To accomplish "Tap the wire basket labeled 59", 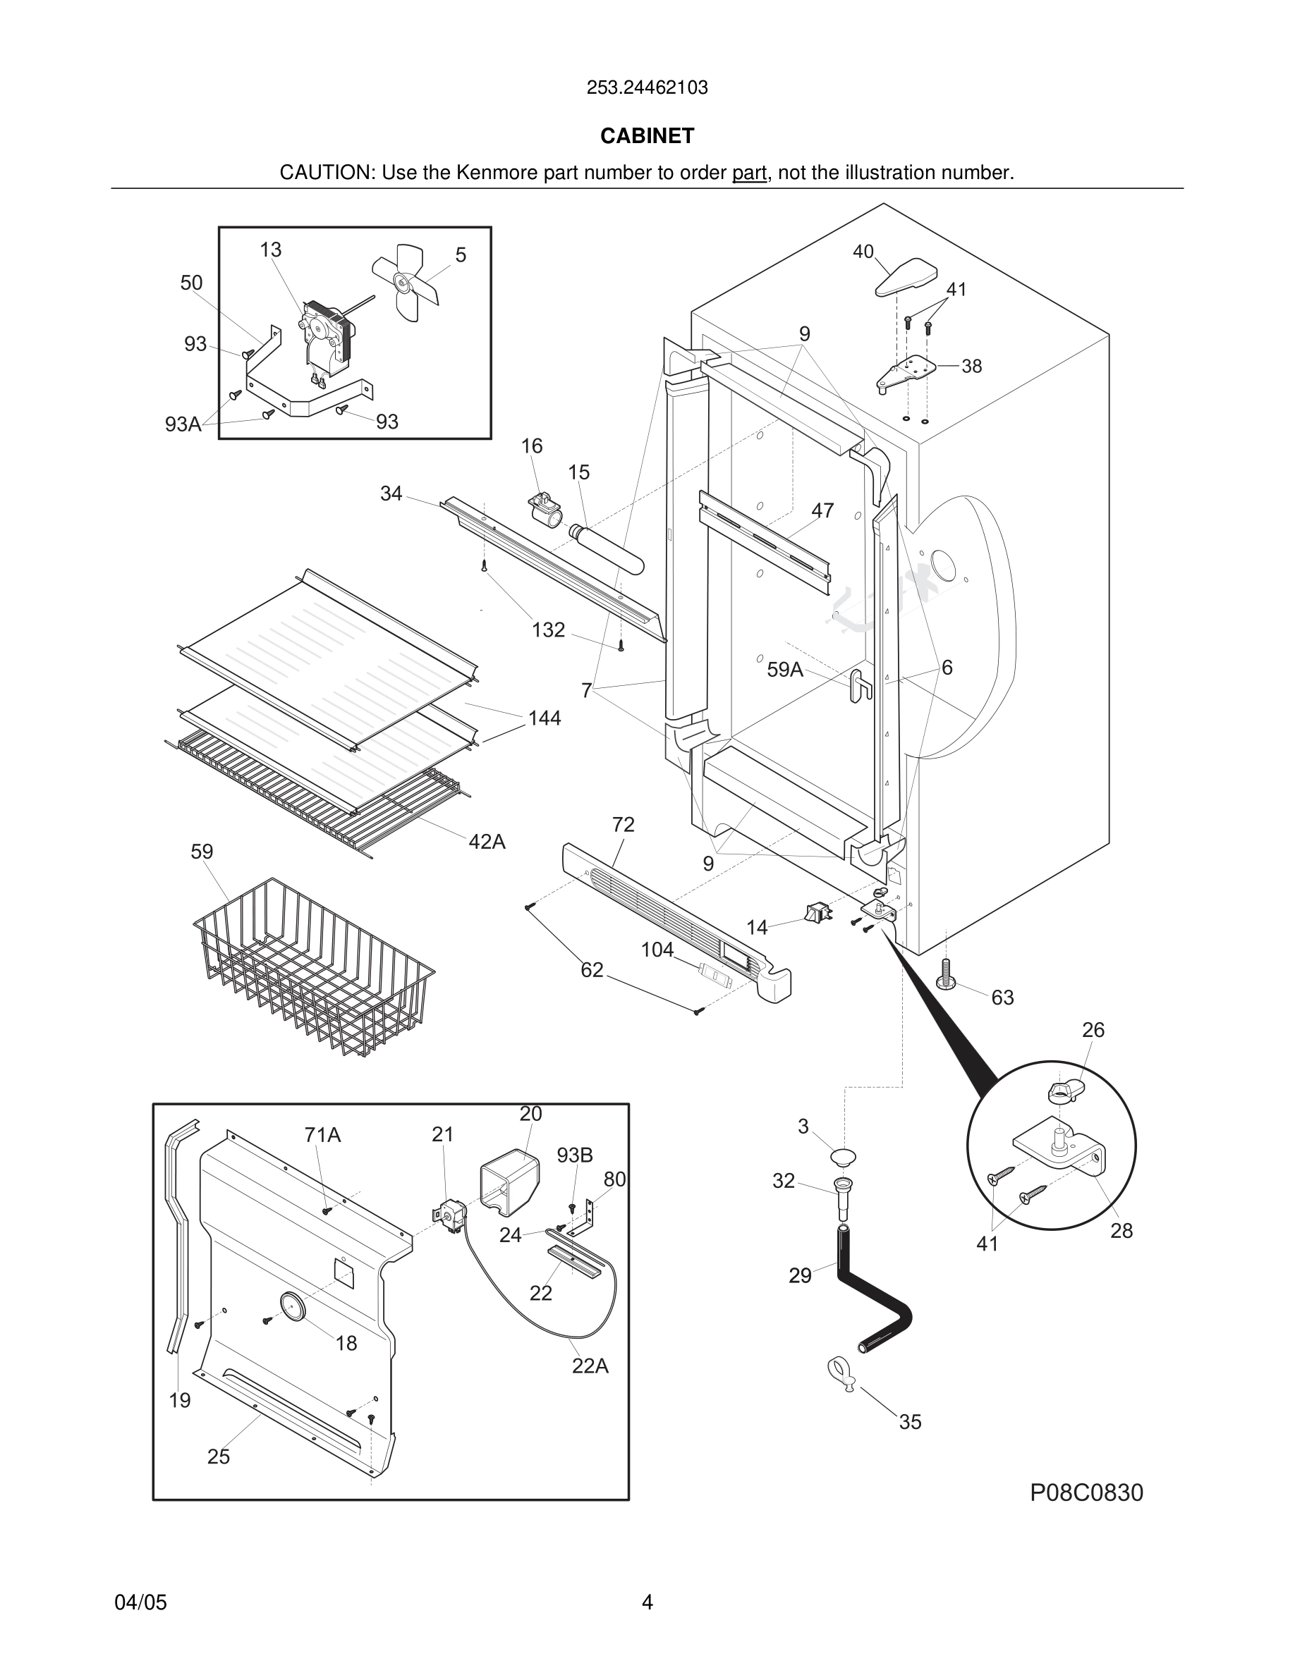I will pos(313,968).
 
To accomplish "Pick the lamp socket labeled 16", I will pos(545,507).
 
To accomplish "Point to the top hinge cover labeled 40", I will pos(907,278).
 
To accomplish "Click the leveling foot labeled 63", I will pos(946,975).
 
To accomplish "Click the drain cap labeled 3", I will pos(844,1158).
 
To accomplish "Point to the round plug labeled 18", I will pos(292,1306).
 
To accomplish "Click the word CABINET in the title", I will pos(647,136).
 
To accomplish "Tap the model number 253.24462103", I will pos(647,88).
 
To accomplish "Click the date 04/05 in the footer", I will pos(140,1602).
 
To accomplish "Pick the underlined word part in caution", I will pos(749,173).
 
